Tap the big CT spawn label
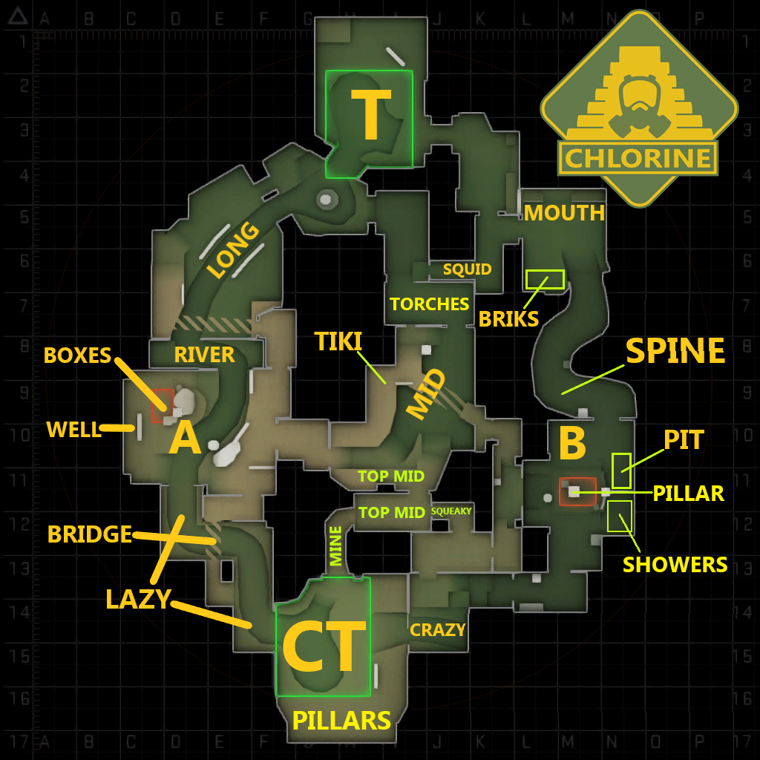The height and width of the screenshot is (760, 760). pos(324,646)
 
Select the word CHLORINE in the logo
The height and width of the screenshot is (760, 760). pos(639,157)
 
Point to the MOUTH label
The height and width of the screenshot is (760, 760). pos(564,213)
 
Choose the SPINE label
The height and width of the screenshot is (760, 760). pos(675,351)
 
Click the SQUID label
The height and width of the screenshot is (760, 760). pos(467,269)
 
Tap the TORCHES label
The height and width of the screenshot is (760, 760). pos(429,304)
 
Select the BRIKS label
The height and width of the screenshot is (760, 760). pos(508,318)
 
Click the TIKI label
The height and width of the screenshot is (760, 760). pos(338,341)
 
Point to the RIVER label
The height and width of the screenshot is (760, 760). pos(204,355)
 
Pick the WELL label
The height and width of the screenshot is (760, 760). pos(73,429)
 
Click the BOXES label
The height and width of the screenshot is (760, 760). pos(77,356)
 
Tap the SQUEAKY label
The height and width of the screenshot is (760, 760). pos(451,511)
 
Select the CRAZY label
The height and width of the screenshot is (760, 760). pos(437,630)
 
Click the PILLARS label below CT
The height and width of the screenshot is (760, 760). pos(341,720)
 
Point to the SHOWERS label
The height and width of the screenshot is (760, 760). pos(675,564)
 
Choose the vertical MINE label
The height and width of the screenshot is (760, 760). pos(336,546)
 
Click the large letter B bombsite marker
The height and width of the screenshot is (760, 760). pos(571,444)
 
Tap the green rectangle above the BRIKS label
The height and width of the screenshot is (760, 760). pos(545,279)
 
